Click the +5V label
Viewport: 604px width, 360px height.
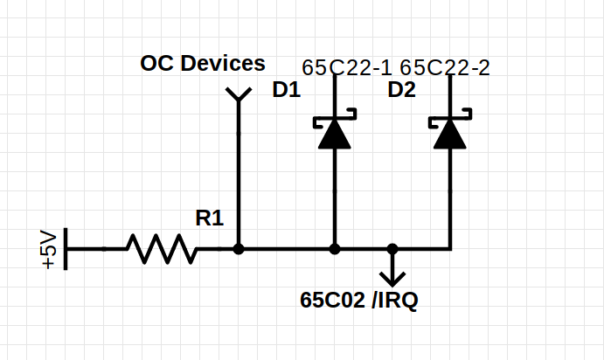pos(48,249)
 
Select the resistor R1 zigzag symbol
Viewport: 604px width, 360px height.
pos(162,249)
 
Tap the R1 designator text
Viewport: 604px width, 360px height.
pos(210,218)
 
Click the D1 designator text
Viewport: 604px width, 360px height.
pos(286,90)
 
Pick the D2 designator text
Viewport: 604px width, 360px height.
pos(402,90)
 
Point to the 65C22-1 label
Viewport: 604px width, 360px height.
pos(347,68)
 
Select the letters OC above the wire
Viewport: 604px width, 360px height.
pos(158,64)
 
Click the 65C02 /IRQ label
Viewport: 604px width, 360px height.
pos(359,301)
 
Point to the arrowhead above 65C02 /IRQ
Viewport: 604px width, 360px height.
pos(392,277)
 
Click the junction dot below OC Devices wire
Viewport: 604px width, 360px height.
pos(238,249)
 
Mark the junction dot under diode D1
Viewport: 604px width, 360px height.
pos(334,249)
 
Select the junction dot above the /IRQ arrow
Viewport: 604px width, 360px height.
pos(392,249)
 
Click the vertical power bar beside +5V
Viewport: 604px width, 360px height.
pos(66,249)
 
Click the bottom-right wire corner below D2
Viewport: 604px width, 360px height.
pos(449,249)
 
